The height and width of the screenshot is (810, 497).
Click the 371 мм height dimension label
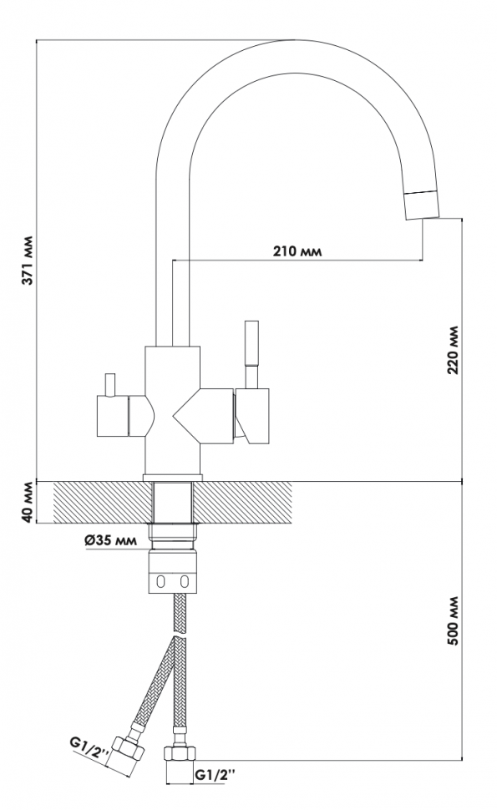click(29, 260)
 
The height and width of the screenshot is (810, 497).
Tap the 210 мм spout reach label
click(297, 251)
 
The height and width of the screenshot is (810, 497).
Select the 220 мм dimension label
click(453, 350)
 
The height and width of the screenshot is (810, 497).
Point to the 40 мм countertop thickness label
click(29, 502)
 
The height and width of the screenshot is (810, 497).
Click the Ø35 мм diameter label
click(110, 541)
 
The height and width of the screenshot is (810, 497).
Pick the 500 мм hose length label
click(453, 621)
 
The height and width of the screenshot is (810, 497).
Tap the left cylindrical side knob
click(112, 417)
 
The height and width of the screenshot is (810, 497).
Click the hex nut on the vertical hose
click(180, 752)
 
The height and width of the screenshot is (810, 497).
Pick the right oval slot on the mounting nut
click(185, 581)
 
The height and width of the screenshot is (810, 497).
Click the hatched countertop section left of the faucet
click(103, 502)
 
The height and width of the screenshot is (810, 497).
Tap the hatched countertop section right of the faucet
click(241, 502)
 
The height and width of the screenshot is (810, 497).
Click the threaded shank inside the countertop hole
click(173, 502)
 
